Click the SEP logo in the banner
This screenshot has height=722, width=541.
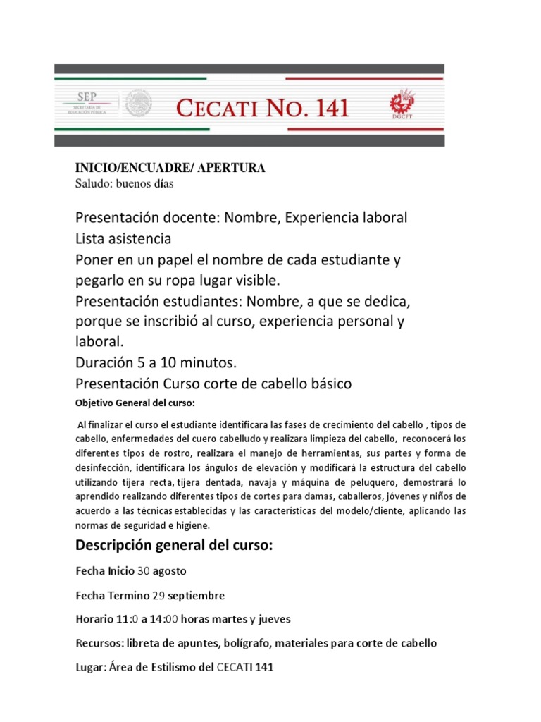click(88, 104)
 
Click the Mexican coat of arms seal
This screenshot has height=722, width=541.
click(139, 106)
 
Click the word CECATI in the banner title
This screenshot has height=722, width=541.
click(220, 108)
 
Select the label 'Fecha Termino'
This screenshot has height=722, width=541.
click(111, 595)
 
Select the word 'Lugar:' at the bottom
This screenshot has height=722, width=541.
click(89, 667)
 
